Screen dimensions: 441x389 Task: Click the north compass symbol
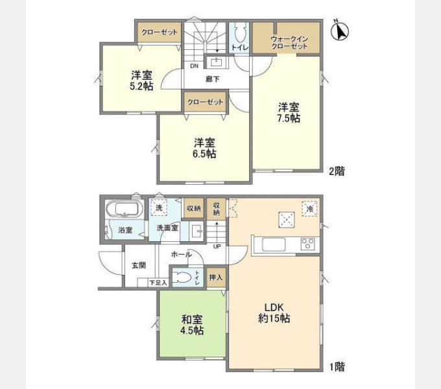coord(339,30)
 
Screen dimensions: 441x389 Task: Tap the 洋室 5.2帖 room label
coord(141,80)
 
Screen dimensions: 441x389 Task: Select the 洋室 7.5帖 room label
coord(289,112)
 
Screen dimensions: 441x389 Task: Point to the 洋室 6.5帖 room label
coord(204,148)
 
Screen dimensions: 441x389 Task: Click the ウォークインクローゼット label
coord(289,43)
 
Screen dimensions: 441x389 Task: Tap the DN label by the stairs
coord(194,66)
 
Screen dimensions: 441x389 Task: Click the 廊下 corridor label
coord(212,79)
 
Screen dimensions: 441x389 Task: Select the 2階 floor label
coord(337,171)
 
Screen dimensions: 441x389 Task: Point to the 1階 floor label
coord(337,366)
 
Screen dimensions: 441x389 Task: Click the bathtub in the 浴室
coord(124,209)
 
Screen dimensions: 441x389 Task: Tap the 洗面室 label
coord(167,228)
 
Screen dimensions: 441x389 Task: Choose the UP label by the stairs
coord(217,247)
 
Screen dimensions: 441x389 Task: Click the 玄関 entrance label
coord(139,265)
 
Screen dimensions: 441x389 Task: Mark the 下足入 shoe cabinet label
coord(158,283)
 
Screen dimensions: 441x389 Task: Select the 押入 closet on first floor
coord(216,277)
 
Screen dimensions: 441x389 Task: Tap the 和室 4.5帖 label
coord(192,325)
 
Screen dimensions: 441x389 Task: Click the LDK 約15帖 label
coord(274,313)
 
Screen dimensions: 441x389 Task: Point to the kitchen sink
coord(274,244)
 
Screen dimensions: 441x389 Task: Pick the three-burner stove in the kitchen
coord(307,244)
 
